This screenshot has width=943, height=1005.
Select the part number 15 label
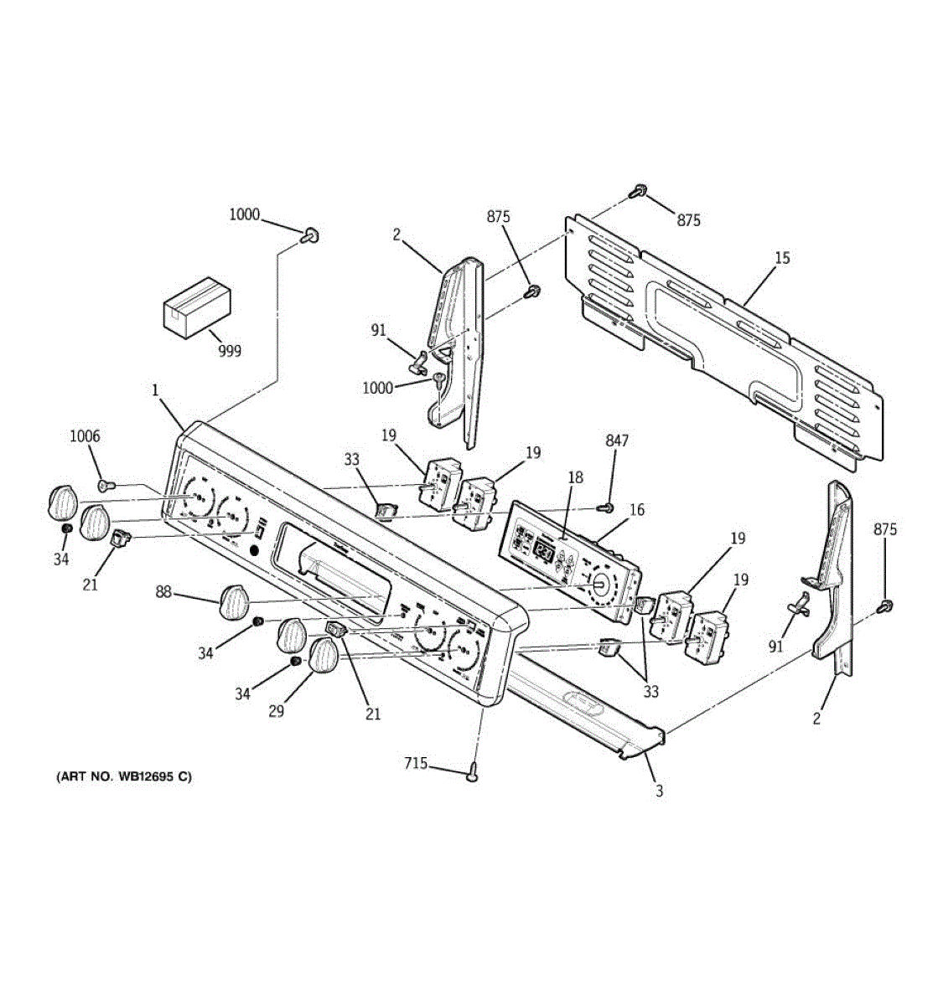pos(781,258)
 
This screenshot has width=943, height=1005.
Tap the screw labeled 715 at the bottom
pos(474,775)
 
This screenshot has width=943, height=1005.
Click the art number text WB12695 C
pos(123,776)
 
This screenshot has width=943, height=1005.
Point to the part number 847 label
pos(616,441)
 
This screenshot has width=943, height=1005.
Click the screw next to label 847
pos(605,508)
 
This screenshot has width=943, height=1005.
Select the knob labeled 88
pos(234,601)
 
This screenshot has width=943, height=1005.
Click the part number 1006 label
pos(85,435)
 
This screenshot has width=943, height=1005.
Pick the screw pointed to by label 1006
pos(105,484)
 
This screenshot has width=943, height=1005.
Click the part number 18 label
pos(574,477)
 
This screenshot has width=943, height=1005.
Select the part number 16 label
pos(636,509)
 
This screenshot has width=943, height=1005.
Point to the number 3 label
pos(659,791)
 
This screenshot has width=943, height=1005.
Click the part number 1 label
pos(155,389)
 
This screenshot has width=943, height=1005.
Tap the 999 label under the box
pos(229,351)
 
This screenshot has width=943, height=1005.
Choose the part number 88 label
pos(163,592)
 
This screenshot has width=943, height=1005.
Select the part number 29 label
pos(276,711)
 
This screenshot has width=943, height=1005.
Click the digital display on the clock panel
pos(544,551)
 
